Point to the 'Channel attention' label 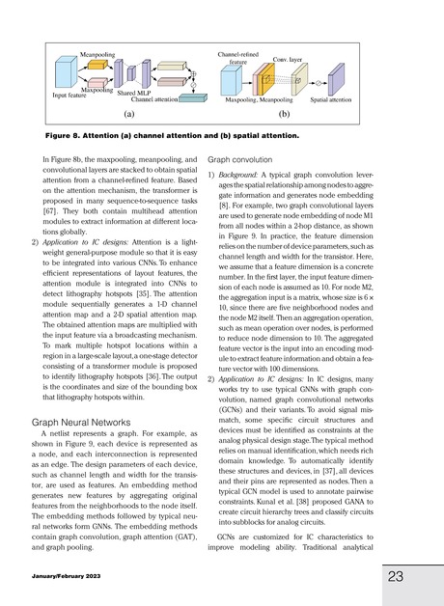[x=154, y=99]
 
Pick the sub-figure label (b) [x=284, y=113]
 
